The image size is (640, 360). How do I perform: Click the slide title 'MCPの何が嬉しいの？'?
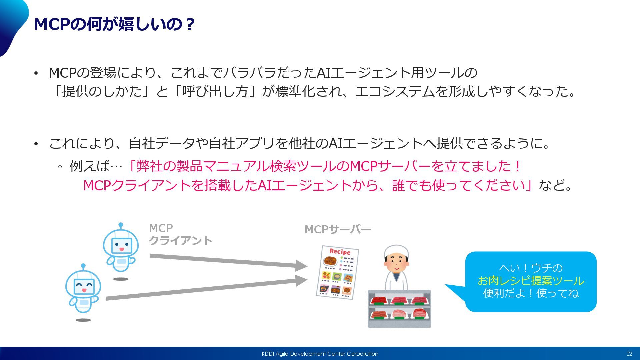(x=114, y=24)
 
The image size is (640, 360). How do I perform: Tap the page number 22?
(x=629, y=354)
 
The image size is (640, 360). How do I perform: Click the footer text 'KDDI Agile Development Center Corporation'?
(x=320, y=354)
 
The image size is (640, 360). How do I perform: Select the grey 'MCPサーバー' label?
(x=338, y=229)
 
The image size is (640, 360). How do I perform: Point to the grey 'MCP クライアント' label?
(x=180, y=234)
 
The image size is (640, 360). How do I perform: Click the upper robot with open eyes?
(x=121, y=248)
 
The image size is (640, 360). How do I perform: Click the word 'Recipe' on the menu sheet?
(x=340, y=252)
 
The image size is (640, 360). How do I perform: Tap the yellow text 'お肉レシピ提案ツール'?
(x=531, y=281)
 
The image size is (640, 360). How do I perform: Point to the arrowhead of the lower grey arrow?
(x=301, y=281)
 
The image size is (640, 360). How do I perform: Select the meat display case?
(x=399, y=309)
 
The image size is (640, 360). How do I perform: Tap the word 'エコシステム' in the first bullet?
(x=395, y=91)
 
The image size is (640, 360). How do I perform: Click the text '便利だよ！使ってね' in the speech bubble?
(x=531, y=293)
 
